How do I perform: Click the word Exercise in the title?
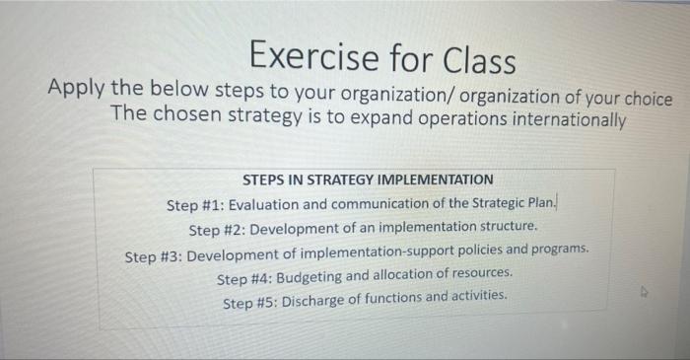pyautogui.click(x=305, y=57)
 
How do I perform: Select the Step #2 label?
pyautogui.click(x=217, y=229)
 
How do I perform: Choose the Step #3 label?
pyautogui.click(x=154, y=254)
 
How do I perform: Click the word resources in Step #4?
pyautogui.click(x=477, y=273)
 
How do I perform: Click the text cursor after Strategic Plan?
pyautogui.click(x=559, y=202)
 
